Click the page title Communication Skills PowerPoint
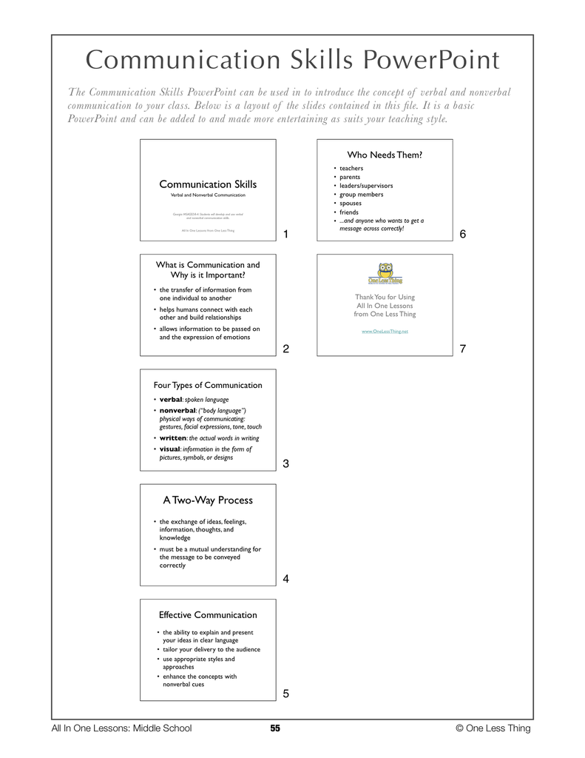click(x=292, y=61)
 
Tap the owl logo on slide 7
click(x=385, y=272)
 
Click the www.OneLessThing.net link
click(x=385, y=331)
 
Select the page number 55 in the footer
click(x=275, y=728)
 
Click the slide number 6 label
click(x=462, y=235)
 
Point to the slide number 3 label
click(x=285, y=464)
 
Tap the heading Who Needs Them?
click(x=385, y=155)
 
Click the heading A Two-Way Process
click(x=208, y=500)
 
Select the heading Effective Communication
click(x=208, y=614)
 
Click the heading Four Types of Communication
click(x=208, y=385)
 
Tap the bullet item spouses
click(x=351, y=203)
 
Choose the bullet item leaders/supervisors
click(x=366, y=186)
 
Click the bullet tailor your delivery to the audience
click(x=212, y=649)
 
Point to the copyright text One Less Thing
click(x=493, y=728)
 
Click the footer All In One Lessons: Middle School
click(x=121, y=728)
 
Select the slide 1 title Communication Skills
click(x=208, y=184)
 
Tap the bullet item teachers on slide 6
click(x=351, y=168)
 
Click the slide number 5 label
click(x=285, y=694)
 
